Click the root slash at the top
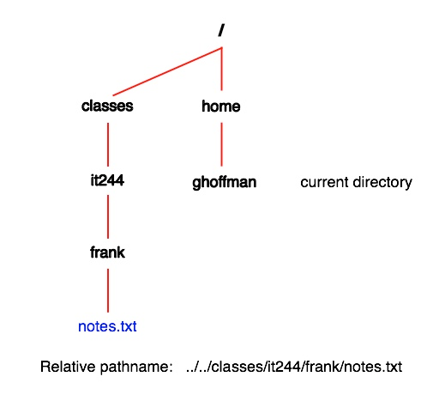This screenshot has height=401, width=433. [x=221, y=30]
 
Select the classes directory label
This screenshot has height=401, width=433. [x=107, y=106]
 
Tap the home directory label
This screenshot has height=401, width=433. [x=221, y=106]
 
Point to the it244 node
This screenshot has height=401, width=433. [x=107, y=180]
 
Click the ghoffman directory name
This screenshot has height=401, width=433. [x=224, y=182]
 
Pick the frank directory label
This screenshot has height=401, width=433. [x=107, y=252]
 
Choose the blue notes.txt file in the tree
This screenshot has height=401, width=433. [x=107, y=326]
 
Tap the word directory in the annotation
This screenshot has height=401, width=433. [x=378, y=182]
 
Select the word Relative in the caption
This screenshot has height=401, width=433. [x=68, y=367]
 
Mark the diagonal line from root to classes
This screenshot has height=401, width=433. [x=167, y=71]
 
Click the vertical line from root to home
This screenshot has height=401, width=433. [x=222, y=69]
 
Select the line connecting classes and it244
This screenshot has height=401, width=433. [x=108, y=144]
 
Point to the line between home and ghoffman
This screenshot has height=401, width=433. [x=222, y=144]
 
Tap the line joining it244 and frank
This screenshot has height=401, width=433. [x=108, y=216]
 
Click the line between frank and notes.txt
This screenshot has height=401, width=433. [x=108, y=290]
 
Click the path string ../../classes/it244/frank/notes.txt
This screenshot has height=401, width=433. [x=294, y=367]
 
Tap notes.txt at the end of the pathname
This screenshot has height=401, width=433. [x=373, y=367]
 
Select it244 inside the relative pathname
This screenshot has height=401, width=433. [x=284, y=367]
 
